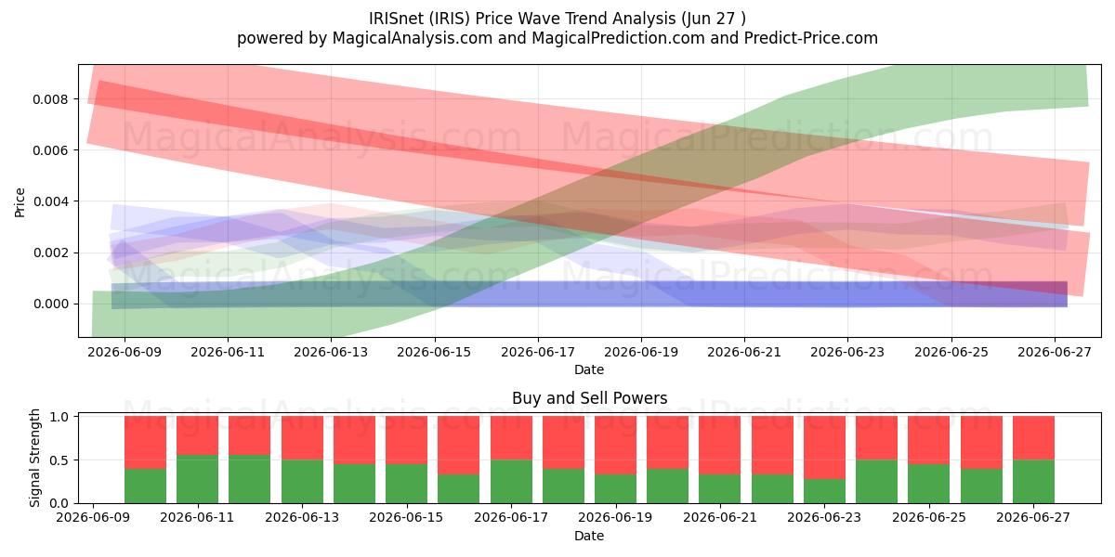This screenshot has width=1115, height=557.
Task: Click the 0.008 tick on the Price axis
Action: (x=50, y=99)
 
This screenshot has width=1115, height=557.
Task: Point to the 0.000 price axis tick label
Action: (x=50, y=304)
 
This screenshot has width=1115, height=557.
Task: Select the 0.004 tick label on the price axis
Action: (x=50, y=201)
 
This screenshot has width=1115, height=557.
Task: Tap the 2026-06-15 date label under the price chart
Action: (x=434, y=352)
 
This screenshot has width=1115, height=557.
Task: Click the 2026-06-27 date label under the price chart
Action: (x=1055, y=352)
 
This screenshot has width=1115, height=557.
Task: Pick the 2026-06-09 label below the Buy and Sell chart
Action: (x=93, y=518)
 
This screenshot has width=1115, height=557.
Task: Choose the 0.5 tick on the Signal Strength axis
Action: (x=59, y=460)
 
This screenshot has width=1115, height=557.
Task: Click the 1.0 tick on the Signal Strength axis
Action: (x=59, y=417)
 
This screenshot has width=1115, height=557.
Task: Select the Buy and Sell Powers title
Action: (x=589, y=398)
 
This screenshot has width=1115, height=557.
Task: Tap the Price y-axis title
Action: (x=20, y=202)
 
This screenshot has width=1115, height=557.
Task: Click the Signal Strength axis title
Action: (x=34, y=458)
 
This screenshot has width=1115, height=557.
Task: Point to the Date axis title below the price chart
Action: (x=589, y=369)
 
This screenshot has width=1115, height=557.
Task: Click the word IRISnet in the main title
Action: (x=396, y=19)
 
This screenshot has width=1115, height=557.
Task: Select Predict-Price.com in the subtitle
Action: (x=811, y=38)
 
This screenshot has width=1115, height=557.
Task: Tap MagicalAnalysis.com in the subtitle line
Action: (x=413, y=38)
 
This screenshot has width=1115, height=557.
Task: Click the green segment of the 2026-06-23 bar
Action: (x=824, y=491)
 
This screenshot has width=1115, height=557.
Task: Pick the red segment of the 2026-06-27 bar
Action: (x=1033, y=437)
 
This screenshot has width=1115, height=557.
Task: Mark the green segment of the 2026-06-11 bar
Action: (x=197, y=479)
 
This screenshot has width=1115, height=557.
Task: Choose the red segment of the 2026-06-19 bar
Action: (x=615, y=445)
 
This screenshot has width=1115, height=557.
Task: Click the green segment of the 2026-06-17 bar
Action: (x=511, y=482)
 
